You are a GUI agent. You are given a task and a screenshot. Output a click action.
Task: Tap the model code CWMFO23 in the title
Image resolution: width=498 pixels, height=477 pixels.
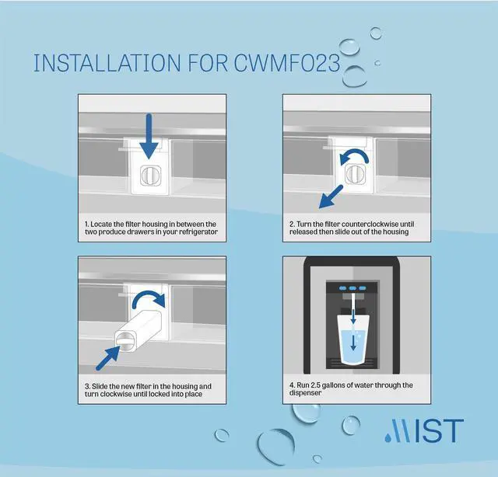point(287,64)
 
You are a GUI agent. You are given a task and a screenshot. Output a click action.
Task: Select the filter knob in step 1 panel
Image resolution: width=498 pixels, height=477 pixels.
point(149,176)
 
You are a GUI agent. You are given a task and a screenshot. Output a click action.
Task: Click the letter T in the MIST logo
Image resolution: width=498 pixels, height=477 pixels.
point(452,432)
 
